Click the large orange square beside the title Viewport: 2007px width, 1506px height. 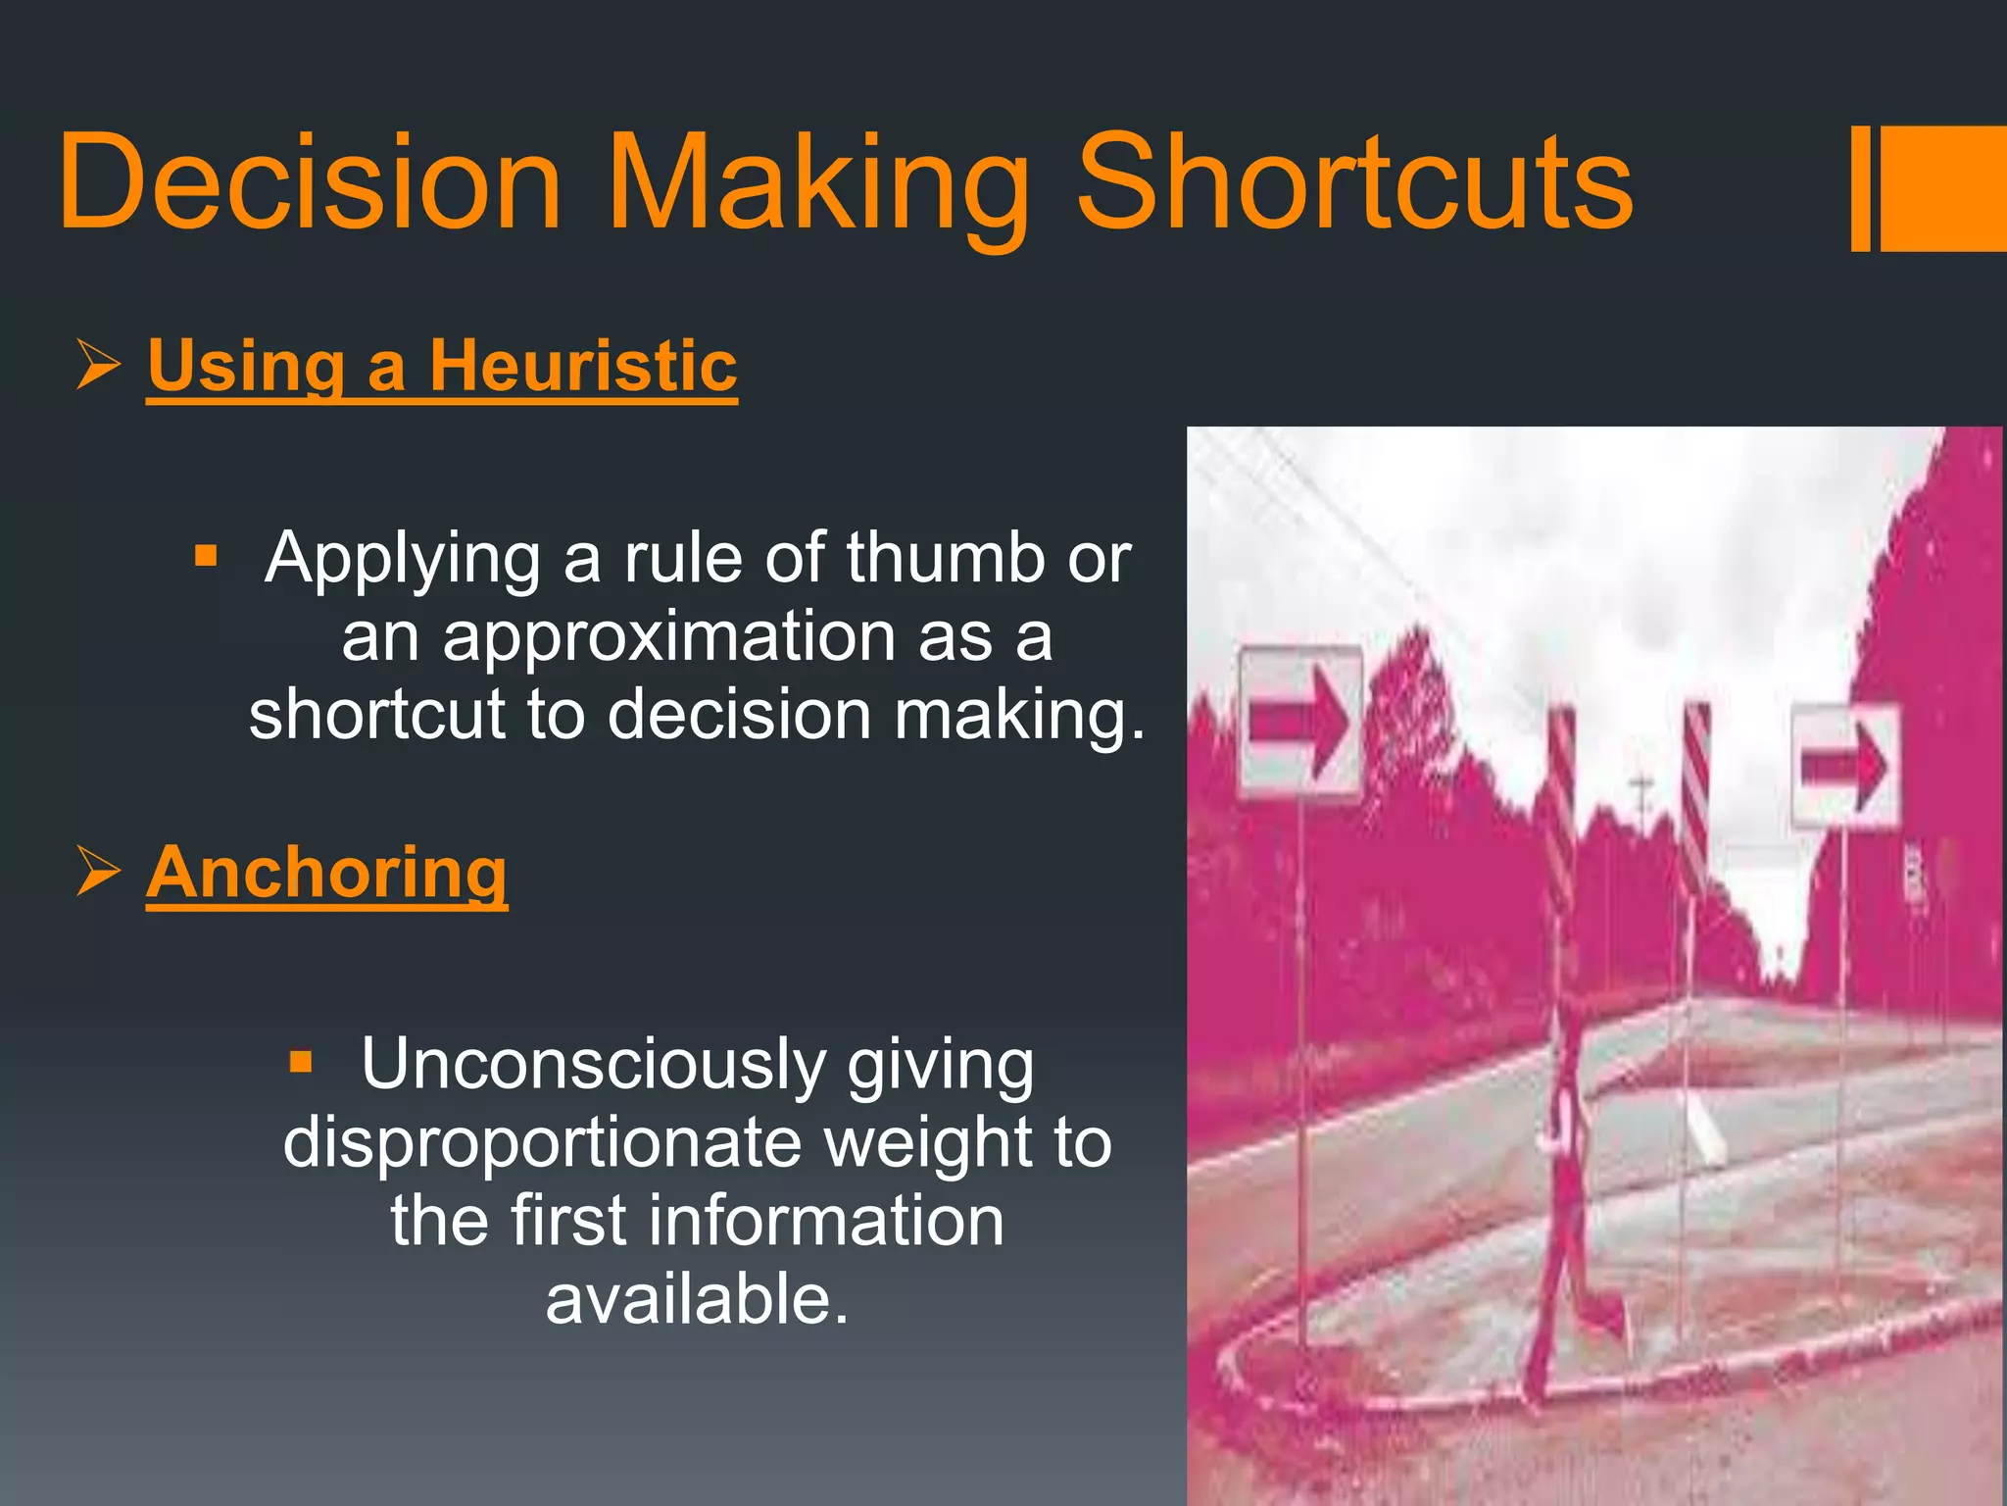click(x=1943, y=188)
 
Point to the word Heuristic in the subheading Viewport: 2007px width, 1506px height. click(x=583, y=366)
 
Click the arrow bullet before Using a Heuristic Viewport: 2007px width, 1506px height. click(x=98, y=366)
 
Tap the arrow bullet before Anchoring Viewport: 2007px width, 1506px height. click(x=98, y=872)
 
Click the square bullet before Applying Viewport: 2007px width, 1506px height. click(x=206, y=557)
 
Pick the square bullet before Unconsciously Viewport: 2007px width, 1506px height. click(x=301, y=1062)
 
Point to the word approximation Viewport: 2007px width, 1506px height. click(x=667, y=636)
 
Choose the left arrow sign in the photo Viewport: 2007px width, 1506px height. click(x=1300, y=724)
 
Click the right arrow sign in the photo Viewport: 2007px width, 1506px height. click(x=1845, y=766)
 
